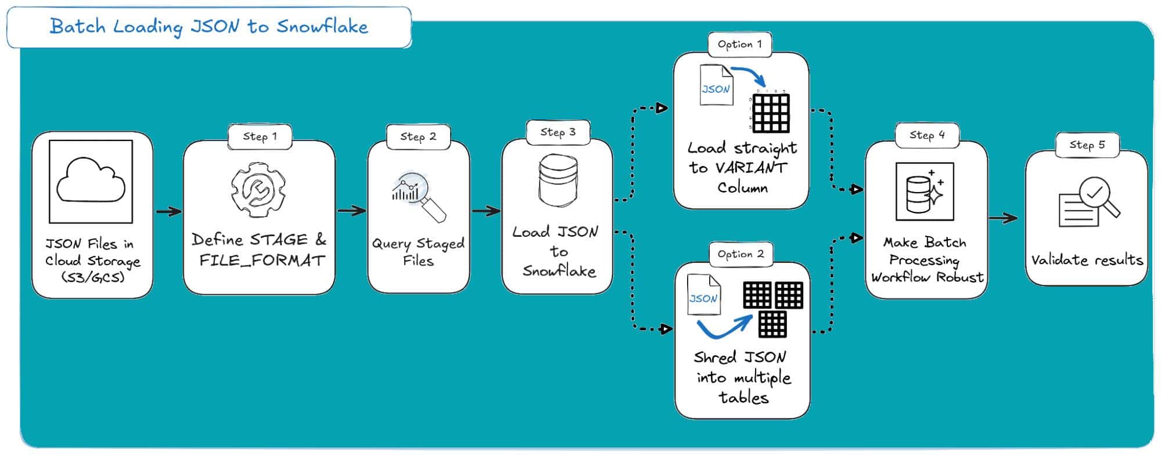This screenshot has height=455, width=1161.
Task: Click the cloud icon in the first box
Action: pos(91,181)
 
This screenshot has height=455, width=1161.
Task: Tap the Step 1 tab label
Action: pos(260,136)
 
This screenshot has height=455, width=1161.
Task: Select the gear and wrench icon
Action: pos(258,190)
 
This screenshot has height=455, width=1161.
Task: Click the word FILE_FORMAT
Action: pos(261,261)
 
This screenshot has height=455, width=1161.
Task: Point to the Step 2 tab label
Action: pos(418,136)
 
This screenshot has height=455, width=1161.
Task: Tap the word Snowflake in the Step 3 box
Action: pos(559,271)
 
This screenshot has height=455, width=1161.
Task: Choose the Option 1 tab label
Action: pos(739,44)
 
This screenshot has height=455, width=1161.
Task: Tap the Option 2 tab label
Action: pos(741,254)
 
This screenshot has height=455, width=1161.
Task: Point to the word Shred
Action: pos(715,358)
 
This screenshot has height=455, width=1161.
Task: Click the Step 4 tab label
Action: pos(927,135)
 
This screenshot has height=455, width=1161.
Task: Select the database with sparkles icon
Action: pos(925,192)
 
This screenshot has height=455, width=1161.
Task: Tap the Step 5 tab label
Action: pos(1087,145)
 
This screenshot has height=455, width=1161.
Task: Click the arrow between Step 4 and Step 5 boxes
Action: pos(1003,219)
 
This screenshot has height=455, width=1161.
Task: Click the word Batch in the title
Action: pos(78,26)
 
